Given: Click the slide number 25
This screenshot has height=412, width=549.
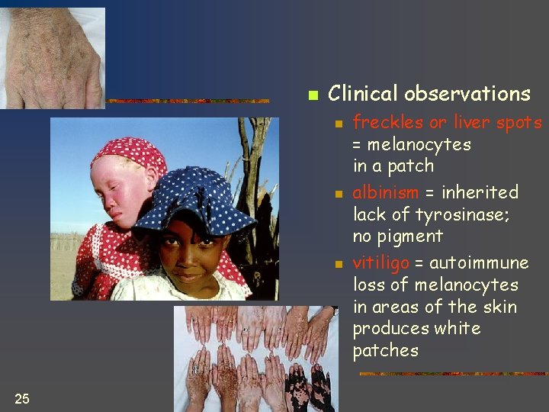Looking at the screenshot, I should coord(22,398).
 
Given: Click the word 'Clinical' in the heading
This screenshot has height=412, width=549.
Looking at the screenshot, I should coord(362,94).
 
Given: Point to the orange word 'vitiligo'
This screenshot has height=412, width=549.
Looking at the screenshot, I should coord(380,263).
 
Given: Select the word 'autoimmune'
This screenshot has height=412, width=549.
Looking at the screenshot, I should coord(479,263).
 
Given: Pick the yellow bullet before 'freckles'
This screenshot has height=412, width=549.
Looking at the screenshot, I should coord(339,124).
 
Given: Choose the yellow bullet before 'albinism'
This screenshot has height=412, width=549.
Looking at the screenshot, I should coord(339,194).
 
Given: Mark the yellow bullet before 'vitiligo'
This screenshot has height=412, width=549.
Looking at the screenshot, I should coord(339,265).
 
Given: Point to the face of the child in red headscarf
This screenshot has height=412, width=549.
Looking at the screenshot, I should coord(123,194).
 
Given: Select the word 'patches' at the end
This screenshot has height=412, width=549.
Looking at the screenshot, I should coord(385,351).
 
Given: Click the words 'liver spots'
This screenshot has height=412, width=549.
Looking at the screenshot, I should coord(497,122).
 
